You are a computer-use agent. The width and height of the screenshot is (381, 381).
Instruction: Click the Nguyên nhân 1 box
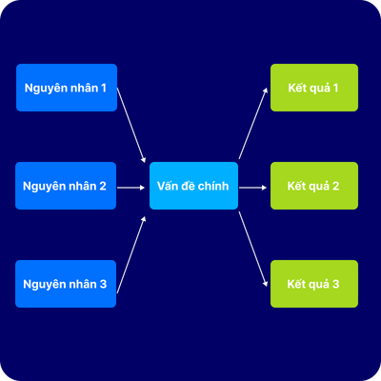click(67, 88)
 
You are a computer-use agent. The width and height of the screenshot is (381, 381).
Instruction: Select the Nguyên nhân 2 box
click(66, 186)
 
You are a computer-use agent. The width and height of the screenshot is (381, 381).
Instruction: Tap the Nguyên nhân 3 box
click(66, 284)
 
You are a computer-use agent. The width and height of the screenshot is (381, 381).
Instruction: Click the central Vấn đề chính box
click(193, 186)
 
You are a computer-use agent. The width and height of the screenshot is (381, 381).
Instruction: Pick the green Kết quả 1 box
click(314, 88)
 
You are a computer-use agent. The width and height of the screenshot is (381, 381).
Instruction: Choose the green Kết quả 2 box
click(314, 186)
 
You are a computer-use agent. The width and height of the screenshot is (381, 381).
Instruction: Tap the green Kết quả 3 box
click(314, 284)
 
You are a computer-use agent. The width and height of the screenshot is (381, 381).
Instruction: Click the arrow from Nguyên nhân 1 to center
click(131, 125)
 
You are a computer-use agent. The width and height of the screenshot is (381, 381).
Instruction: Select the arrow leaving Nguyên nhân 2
click(130, 188)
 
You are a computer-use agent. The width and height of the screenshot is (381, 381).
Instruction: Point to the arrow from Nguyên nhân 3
click(131, 254)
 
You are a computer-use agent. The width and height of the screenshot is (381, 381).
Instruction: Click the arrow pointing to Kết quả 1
click(253, 123)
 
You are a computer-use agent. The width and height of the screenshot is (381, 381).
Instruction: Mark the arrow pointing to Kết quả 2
click(252, 188)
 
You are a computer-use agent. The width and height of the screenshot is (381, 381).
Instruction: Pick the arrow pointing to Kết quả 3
click(253, 250)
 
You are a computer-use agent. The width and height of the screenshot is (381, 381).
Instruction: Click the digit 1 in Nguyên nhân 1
click(104, 88)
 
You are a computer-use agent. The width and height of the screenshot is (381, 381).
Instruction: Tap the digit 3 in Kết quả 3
click(335, 284)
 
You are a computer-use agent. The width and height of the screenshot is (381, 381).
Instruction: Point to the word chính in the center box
click(214, 186)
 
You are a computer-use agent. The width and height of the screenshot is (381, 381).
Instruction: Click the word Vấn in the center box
click(168, 185)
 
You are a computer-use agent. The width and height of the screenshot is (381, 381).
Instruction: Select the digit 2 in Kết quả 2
click(335, 186)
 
